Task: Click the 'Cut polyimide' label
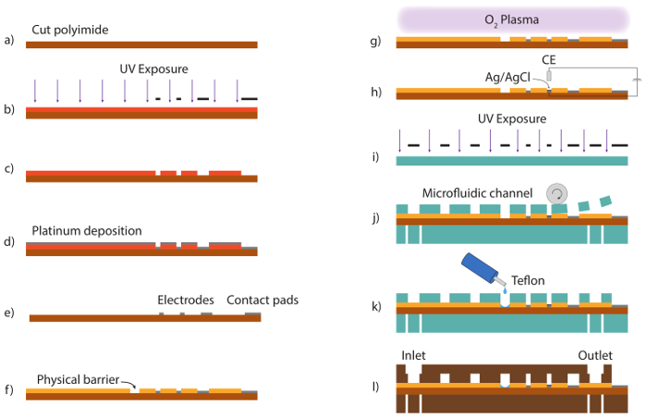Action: click(x=70, y=30)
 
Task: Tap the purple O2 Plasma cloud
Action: click(x=513, y=19)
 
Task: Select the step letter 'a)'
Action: click(x=9, y=40)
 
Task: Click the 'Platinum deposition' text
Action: click(x=87, y=230)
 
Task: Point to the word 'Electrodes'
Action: click(x=186, y=300)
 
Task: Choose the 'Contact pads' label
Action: click(x=262, y=300)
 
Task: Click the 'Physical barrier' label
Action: click(x=78, y=379)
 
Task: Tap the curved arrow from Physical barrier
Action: click(x=128, y=384)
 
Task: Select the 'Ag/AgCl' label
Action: click(x=507, y=78)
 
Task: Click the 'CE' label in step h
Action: click(x=549, y=60)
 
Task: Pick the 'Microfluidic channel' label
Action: click(x=478, y=193)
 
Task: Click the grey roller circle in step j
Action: click(x=557, y=193)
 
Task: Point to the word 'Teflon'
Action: click(x=528, y=281)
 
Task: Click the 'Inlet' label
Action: click(x=413, y=356)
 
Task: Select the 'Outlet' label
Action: click(x=595, y=356)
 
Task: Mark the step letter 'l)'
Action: click(x=375, y=387)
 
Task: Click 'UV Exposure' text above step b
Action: click(x=154, y=69)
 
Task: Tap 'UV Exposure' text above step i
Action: click(x=512, y=119)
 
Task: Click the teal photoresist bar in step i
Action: click(x=512, y=161)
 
